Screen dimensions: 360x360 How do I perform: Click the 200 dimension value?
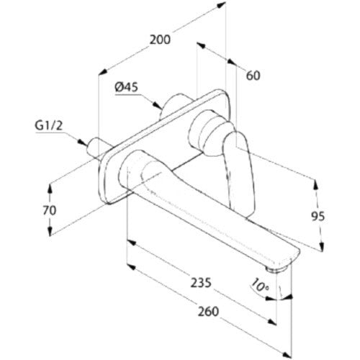point(160,40)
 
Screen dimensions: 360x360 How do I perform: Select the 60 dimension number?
point(253,76)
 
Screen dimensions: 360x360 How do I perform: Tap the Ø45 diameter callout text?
point(127,87)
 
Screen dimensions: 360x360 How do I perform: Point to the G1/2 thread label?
point(49,126)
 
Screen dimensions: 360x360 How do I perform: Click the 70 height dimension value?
point(50,210)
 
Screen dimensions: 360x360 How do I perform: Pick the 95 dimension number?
point(318,216)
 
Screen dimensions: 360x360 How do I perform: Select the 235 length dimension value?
point(201,282)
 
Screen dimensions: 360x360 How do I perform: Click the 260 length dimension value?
point(208,311)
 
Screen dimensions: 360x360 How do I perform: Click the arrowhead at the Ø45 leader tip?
point(158,105)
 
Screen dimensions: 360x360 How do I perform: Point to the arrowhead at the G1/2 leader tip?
point(83,142)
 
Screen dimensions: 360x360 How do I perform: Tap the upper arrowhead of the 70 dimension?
point(50,188)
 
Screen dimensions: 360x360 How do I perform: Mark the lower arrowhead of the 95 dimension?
point(322,246)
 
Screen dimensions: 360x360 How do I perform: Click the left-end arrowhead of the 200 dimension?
point(103,72)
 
